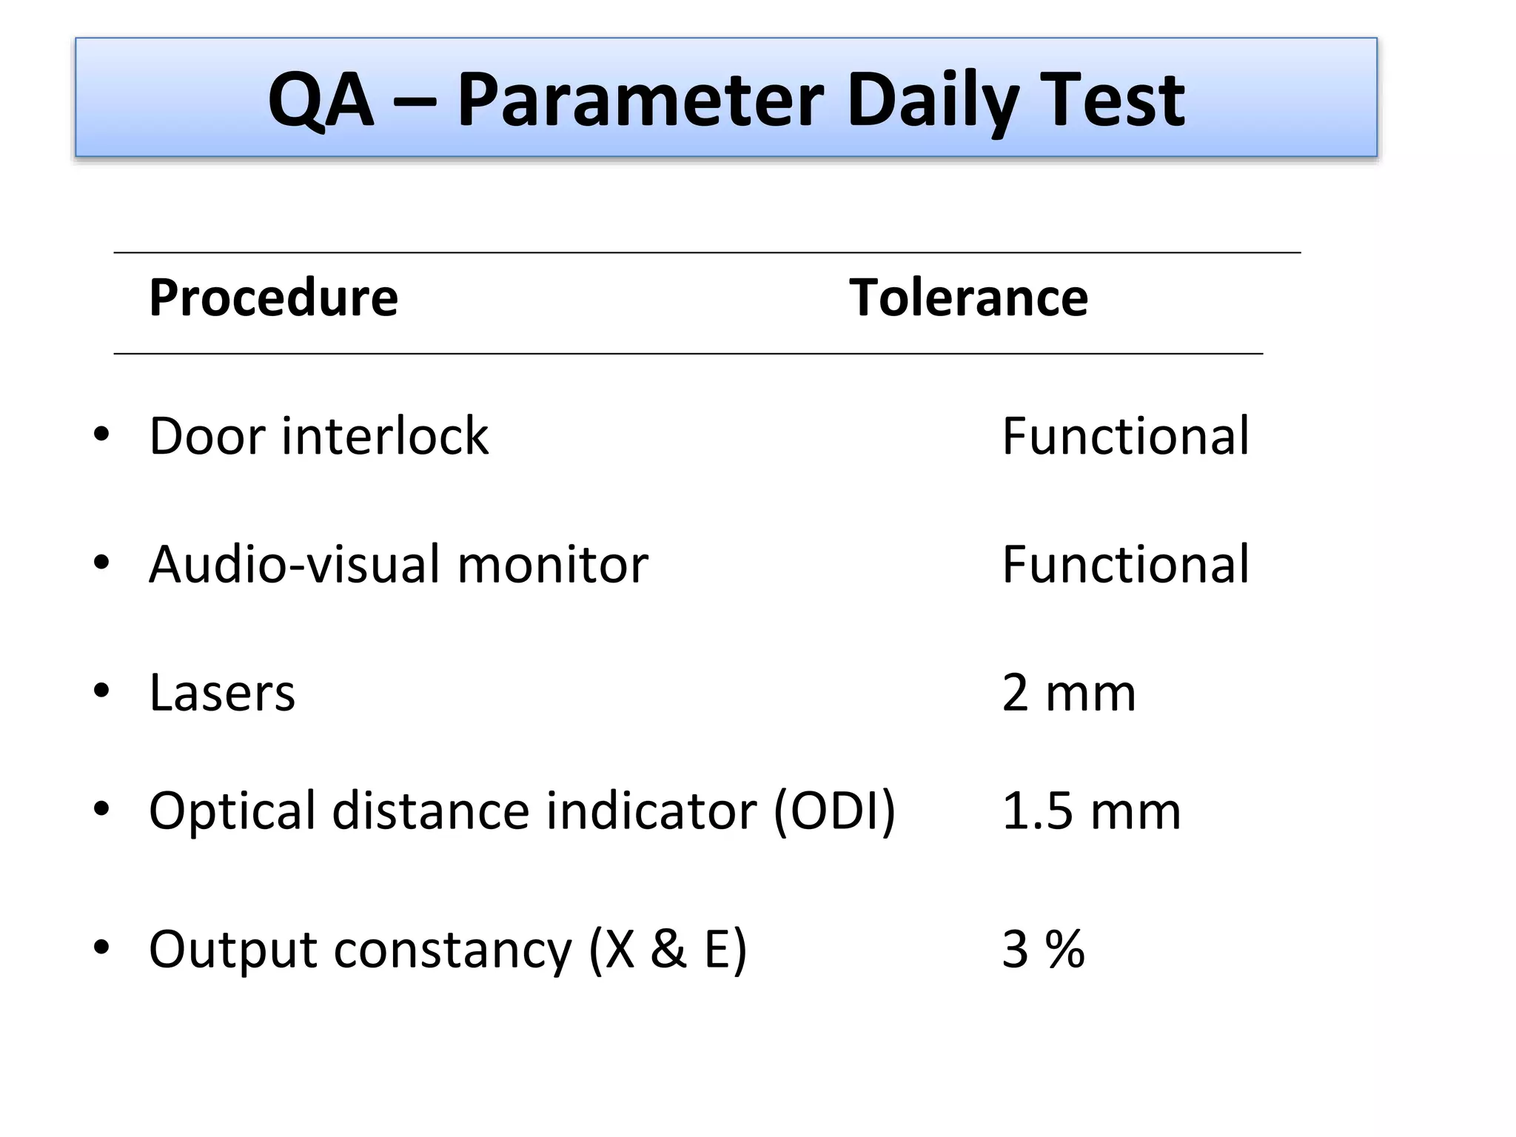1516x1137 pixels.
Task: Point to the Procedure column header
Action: (x=273, y=298)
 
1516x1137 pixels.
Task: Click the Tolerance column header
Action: (x=968, y=298)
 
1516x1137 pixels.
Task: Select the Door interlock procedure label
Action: (x=318, y=436)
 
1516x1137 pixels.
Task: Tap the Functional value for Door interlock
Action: (x=1125, y=436)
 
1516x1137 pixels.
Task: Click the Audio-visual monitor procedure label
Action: (x=398, y=565)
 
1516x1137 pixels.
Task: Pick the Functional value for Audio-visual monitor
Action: (x=1125, y=565)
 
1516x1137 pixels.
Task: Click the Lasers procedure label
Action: (x=222, y=694)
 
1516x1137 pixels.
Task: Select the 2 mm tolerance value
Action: (x=1068, y=694)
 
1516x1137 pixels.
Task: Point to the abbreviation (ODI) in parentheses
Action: (x=834, y=811)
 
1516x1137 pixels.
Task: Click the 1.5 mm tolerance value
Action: (x=1091, y=811)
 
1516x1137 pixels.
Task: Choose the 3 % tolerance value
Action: (x=1043, y=950)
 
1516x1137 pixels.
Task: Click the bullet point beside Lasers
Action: (x=101, y=691)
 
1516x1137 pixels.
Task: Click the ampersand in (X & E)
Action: (x=668, y=950)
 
